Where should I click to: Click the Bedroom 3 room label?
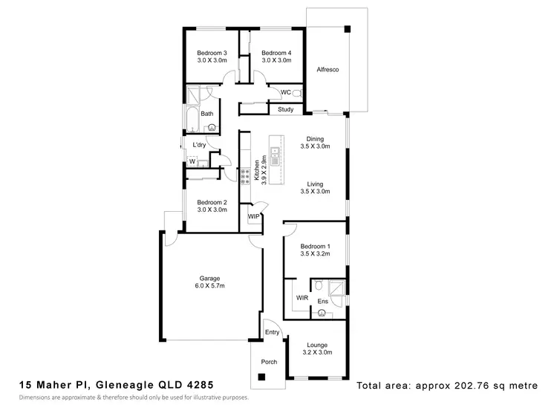pyautogui.click(x=211, y=54)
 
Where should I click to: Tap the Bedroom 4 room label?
pyautogui.click(x=276, y=54)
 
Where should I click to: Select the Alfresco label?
pyautogui.click(x=328, y=68)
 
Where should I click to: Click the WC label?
pyautogui.click(x=285, y=92)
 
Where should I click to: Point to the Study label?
pyautogui.click(x=285, y=110)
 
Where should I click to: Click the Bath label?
pyautogui.click(x=206, y=114)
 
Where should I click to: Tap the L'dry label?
pyautogui.click(x=199, y=145)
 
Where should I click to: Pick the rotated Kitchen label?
pyautogui.click(x=258, y=172)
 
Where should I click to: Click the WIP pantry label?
pyautogui.click(x=253, y=216)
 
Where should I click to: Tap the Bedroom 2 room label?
pyautogui.click(x=211, y=202)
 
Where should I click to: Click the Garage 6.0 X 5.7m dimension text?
pyautogui.click(x=209, y=286)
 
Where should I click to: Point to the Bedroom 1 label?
pyautogui.click(x=315, y=245)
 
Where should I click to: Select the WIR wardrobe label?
pyautogui.click(x=302, y=297)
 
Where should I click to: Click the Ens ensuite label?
pyautogui.click(x=322, y=302)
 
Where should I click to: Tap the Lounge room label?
pyautogui.click(x=318, y=345)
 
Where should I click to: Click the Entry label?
pyautogui.click(x=272, y=332)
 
